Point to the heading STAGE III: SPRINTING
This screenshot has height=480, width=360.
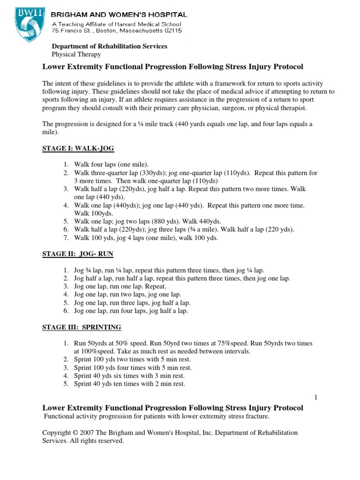(x=82, y=327)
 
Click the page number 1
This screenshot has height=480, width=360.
(x=316, y=397)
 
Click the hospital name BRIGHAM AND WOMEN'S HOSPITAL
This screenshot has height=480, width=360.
(x=119, y=15)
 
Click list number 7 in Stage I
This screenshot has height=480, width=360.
(x=66, y=238)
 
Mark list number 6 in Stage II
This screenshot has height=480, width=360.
(x=66, y=311)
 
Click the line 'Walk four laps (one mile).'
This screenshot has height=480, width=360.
(x=111, y=165)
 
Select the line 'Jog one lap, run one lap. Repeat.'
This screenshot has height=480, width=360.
(x=120, y=286)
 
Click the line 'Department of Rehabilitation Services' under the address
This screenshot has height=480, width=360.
(x=109, y=46)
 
